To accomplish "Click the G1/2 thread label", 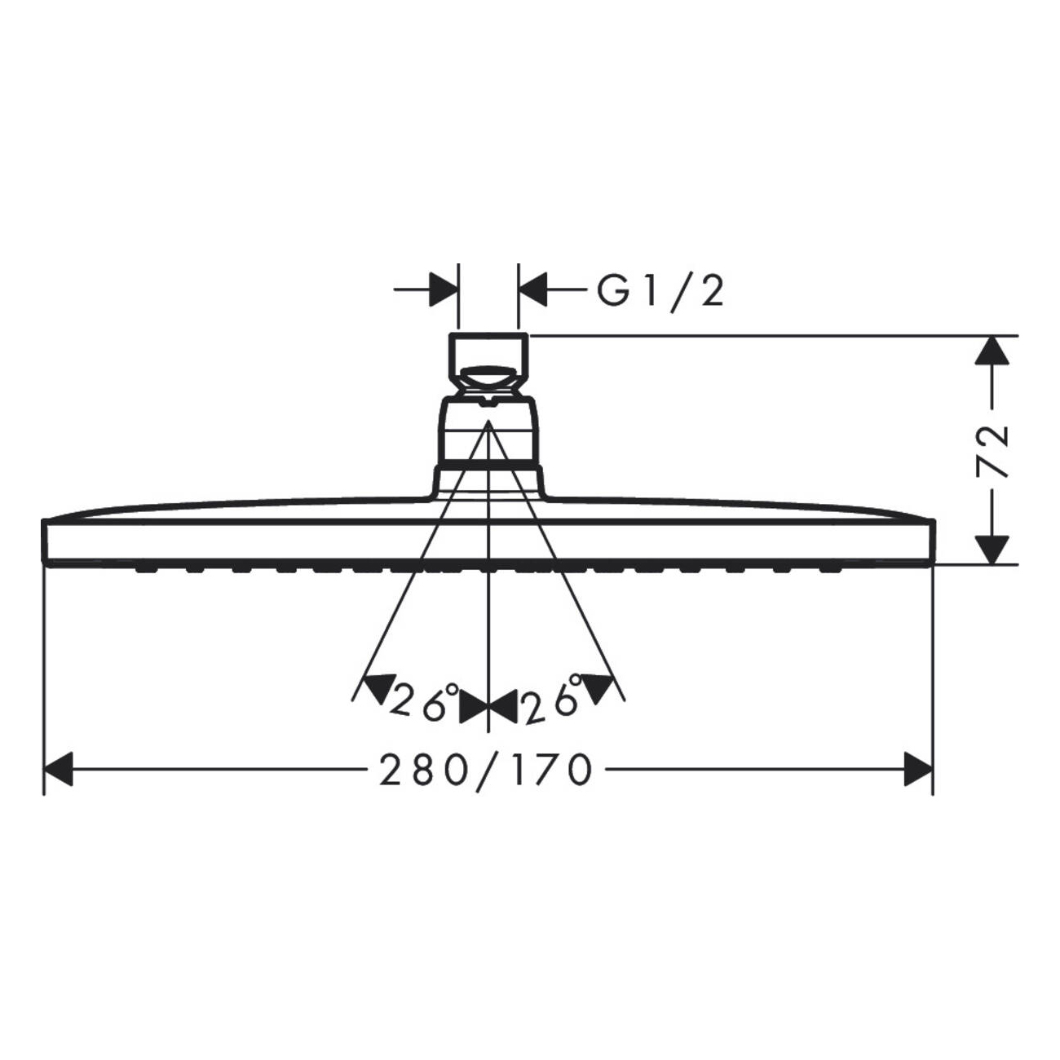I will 660,291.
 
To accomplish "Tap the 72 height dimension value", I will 993,449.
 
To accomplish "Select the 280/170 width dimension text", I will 486,769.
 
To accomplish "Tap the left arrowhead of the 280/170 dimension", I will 59,769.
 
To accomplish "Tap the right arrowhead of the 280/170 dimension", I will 917,769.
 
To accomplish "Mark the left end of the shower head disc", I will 46,540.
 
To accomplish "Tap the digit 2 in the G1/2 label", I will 710,291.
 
